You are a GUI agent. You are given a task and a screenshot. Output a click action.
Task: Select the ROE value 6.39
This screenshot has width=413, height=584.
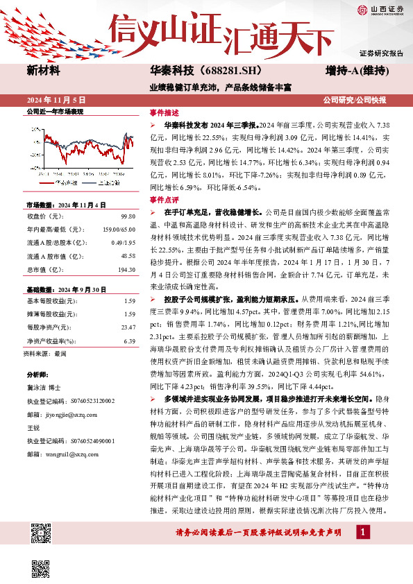[129, 341]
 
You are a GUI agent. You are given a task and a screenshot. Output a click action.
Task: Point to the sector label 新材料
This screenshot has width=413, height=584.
[43, 71]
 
